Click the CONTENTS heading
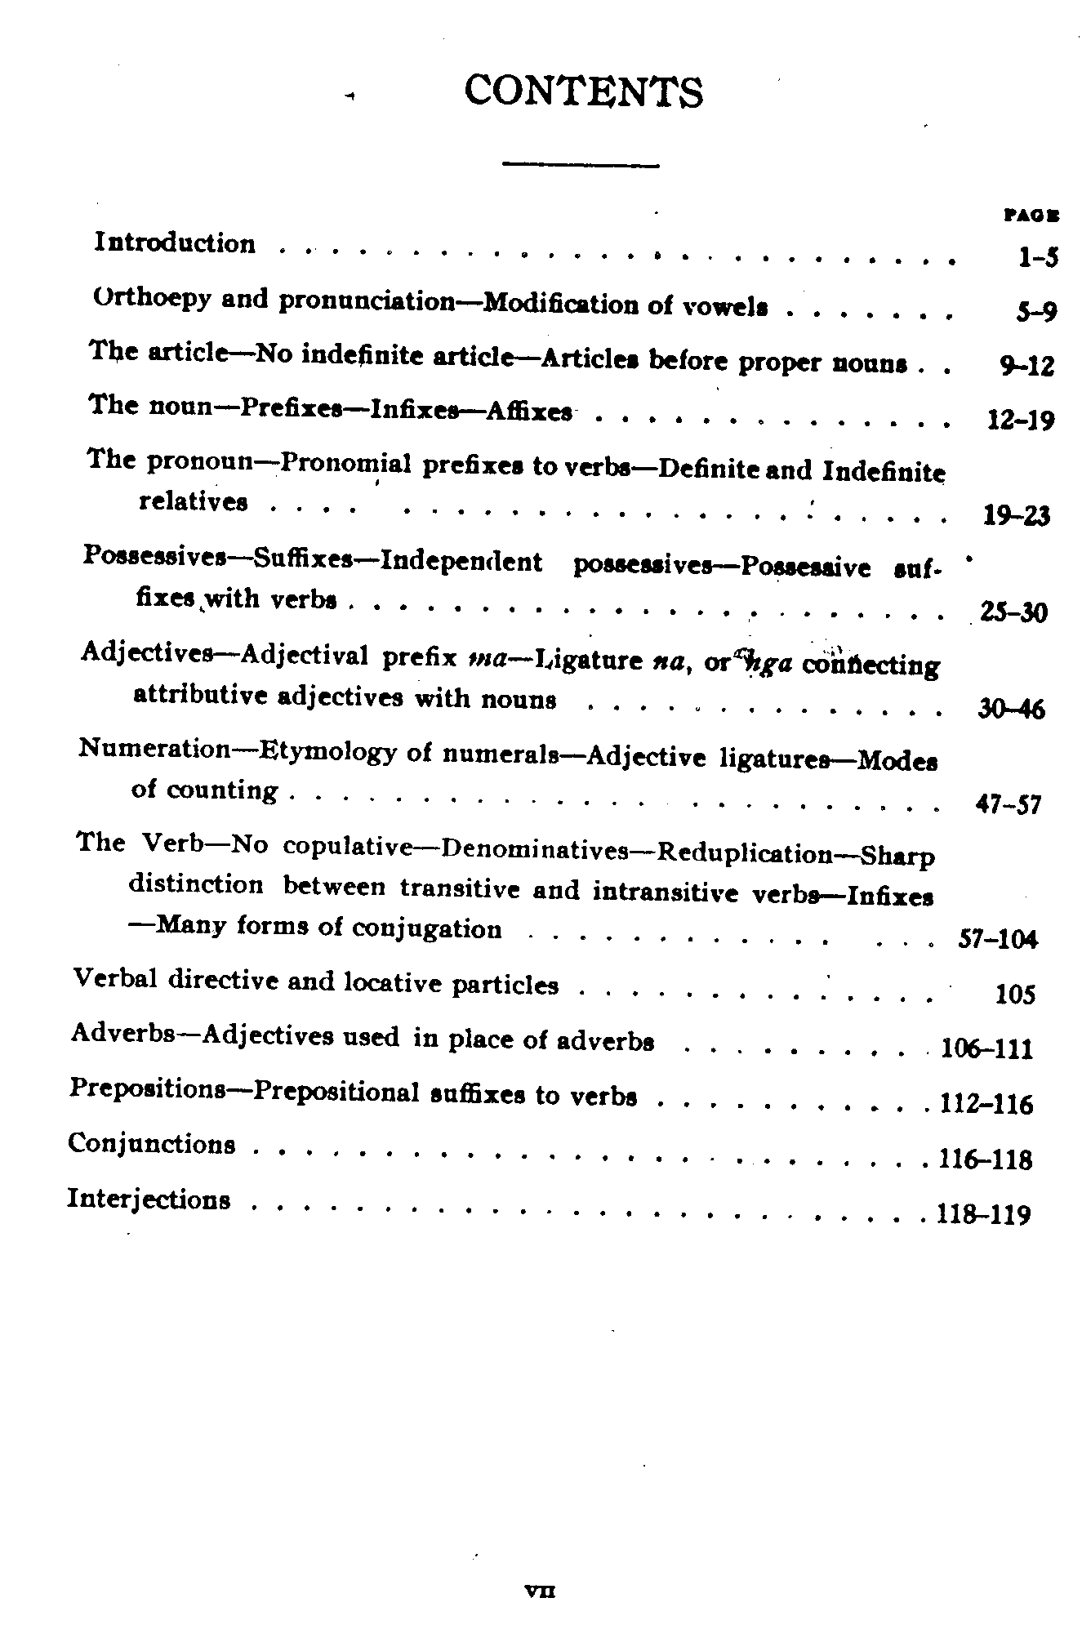point(583,92)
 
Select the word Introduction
point(175,243)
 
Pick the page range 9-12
point(1027,366)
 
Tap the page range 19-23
point(1017,515)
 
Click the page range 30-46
point(1011,709)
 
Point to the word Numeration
point(154,749)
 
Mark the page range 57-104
point(996,939)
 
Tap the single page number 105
point(1015,994)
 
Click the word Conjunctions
point(152,1143)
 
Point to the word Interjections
point(149,1199)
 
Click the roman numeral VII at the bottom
point(541,1591)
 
